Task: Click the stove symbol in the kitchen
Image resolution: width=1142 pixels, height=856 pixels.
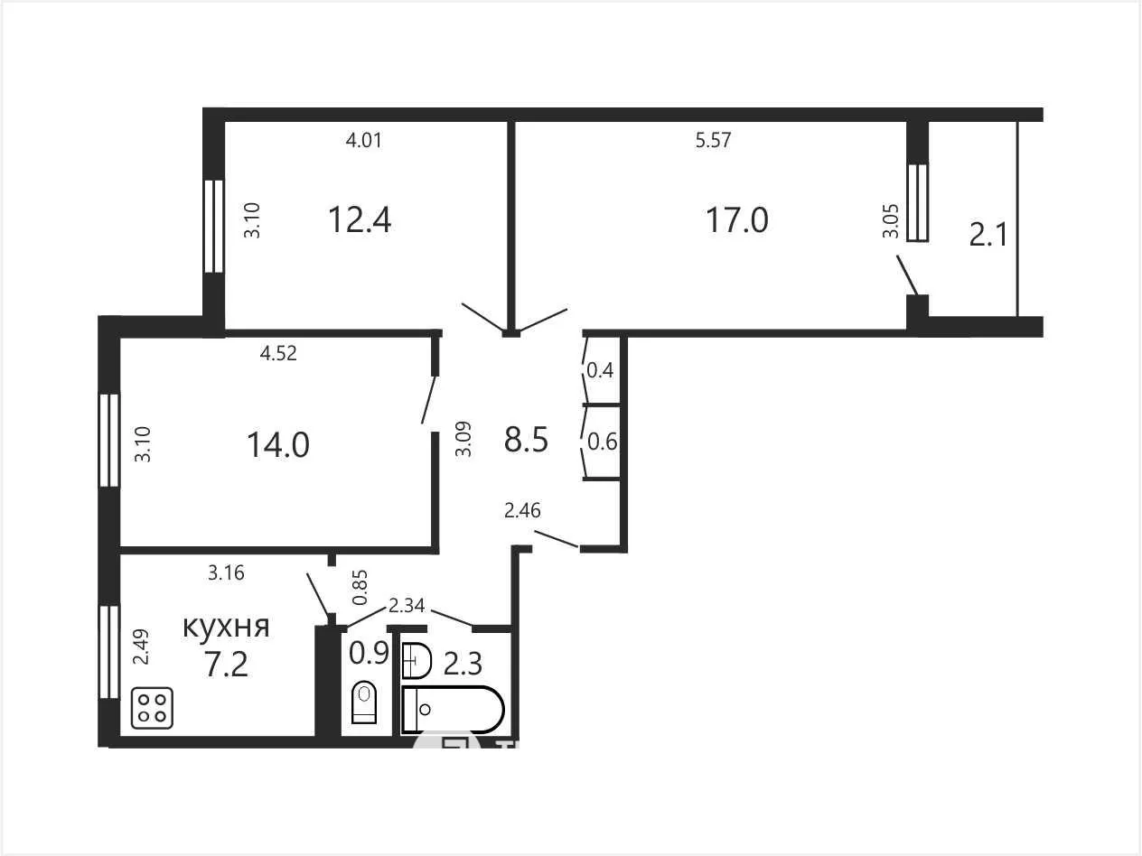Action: pyautogui.click(x=152, y=707)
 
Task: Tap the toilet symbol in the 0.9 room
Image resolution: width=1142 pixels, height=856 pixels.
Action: pyautogui.click(x=364, y=702)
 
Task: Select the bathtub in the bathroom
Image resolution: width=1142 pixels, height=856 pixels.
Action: pyautogui.click(x=454, y=709)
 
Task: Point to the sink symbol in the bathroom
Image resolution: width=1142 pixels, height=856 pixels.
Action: pyautogui.click(x=417, y=661)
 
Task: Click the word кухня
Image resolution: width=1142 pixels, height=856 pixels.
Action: pyautogui.click(x=226, y=627)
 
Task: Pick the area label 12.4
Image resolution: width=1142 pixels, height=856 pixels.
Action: pyautogui.click(x=360, y=219)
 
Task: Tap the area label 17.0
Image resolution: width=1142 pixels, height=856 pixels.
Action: pyautogui.click(x=736, y=219)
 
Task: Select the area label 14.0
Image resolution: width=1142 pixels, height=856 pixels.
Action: pyautogui.click(x=278, y=445)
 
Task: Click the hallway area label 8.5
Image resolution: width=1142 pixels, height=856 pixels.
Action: pyautogui.click(x=526, y=439)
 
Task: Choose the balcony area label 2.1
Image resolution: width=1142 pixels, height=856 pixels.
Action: pyautogui.click(x=988, y=234)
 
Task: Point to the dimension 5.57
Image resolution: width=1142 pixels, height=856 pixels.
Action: pyautogui.click(x=713, y=140)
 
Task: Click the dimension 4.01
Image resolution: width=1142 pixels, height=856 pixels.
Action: pyautogui.click(x=364, y=140)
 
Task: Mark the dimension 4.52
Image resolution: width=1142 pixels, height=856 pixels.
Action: pyautogui.click(x=278, y=353)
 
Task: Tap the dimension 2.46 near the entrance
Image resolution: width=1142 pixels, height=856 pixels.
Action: pyautogui.click(x=522, y=510)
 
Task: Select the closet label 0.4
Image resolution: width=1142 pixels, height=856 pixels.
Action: pyautogui.click(x=600, y=370)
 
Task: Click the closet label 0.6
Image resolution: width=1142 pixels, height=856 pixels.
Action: pyautogui.click(x=602, y=442)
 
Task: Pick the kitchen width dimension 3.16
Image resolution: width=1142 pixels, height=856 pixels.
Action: pyautogui.click(x=226, y=572)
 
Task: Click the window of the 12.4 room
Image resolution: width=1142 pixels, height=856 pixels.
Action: pyautogui.click(x=214, y=226)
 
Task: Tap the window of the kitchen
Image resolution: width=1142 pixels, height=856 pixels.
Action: pyautogui.click(x=109, y=652)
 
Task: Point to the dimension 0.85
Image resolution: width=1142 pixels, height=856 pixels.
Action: pyautogui.click(x=360, y=587)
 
